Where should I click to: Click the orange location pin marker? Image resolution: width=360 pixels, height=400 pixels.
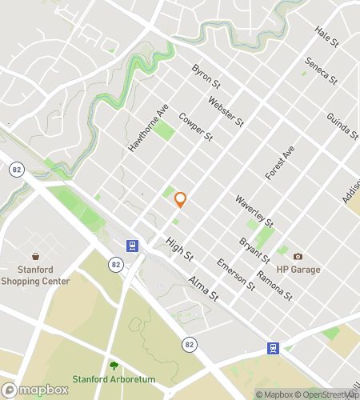180,200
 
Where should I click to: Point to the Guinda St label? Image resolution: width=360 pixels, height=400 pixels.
342,127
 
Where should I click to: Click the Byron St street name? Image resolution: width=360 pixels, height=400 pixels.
206,76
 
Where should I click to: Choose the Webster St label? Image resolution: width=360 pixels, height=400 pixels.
225,112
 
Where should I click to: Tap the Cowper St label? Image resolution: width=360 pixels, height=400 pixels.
196,126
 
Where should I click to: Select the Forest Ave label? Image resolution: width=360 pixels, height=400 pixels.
281,161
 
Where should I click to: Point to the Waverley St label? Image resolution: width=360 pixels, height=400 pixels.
255,210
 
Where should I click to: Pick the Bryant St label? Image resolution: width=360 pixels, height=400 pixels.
254,249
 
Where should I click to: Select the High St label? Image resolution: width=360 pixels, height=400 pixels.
180,252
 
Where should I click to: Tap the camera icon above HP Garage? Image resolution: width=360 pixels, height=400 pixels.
298,256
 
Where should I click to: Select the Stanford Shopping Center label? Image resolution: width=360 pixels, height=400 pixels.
35,274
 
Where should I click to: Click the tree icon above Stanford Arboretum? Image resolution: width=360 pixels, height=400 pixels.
114,366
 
